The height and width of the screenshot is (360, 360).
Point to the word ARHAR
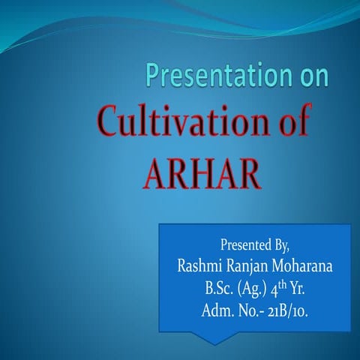[202, 173]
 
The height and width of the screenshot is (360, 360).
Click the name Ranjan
[247, 265]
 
